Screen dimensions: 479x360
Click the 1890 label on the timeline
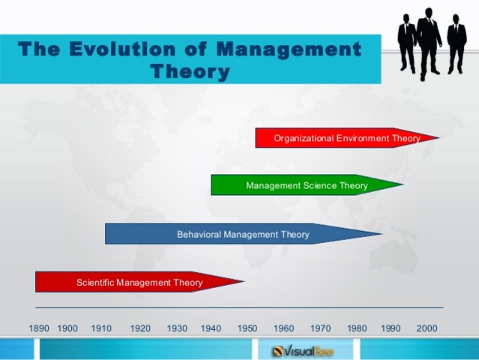(x=39, y=328)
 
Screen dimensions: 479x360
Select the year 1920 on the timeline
(x=140, y=328)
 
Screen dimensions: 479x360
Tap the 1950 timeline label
(x=247, y=328)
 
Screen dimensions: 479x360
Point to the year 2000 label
(x=427, y=328)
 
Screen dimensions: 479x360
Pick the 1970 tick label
(x=320, y=328)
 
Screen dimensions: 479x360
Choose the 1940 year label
(x=211, y=328)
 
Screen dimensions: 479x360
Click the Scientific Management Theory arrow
(x=140, y=282)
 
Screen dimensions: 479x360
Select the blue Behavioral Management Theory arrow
(x=244, y=234)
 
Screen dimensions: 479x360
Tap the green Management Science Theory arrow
(x=307, y=185)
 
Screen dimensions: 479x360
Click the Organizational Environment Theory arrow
(x=348, y=138)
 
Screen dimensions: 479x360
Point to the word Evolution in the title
(x=122, y=49)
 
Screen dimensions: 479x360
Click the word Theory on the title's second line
(x=190, y=72)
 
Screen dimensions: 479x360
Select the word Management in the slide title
(x=289, y=49)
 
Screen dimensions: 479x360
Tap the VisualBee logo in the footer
(x=303, y=351)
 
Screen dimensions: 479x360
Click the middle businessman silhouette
(x=429, y=43)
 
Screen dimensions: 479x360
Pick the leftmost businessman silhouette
(x=407, y=43)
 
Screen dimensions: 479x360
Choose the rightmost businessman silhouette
(x=457, y=43)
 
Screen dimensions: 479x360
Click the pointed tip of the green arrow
(x=403, y=184)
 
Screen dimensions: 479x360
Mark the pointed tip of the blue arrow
(x=382, y=234)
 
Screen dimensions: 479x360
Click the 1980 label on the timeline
(x=357, y=328)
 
